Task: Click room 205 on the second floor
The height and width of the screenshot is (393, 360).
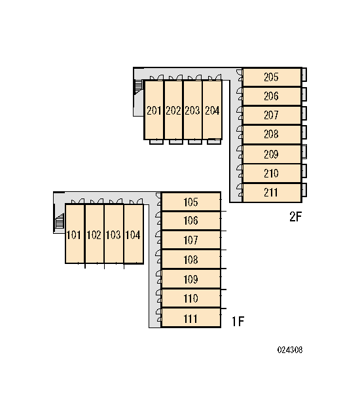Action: (272, 77)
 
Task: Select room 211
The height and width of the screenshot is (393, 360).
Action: (272, 193)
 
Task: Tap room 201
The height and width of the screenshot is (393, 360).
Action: (154, 110)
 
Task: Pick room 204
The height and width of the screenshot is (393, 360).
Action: (212, 110)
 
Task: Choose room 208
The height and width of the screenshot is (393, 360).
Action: (272, 134)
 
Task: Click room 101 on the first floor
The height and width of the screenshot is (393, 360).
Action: (75, 234)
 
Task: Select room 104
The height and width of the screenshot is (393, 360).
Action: (134, 234)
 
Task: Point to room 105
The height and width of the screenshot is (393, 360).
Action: (191, 202)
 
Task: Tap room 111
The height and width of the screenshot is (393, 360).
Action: (191, 318)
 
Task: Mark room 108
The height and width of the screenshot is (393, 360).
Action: (191, 259)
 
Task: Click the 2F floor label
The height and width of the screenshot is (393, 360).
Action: (295, 217)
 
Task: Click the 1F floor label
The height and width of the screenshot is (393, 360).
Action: (238, 322)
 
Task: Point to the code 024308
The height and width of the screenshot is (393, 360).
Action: (290, 350)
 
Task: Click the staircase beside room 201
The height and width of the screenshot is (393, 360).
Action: (138, 86)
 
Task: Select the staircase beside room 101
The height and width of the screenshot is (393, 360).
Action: (60, 221)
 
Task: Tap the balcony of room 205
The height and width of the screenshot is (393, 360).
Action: (304, 75)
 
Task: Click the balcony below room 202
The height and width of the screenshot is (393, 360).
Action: (175, 142)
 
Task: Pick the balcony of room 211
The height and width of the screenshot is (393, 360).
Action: (304, 190)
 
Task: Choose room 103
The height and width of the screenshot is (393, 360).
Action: (114, 234)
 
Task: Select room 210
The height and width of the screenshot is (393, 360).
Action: (272, 174)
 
